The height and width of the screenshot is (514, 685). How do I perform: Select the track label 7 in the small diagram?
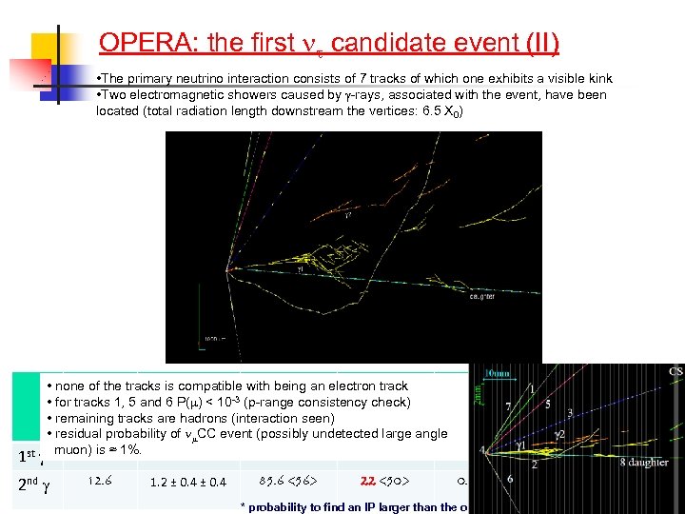507,407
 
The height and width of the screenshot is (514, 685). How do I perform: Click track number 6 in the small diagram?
510,480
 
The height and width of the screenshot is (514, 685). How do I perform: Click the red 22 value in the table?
372,482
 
